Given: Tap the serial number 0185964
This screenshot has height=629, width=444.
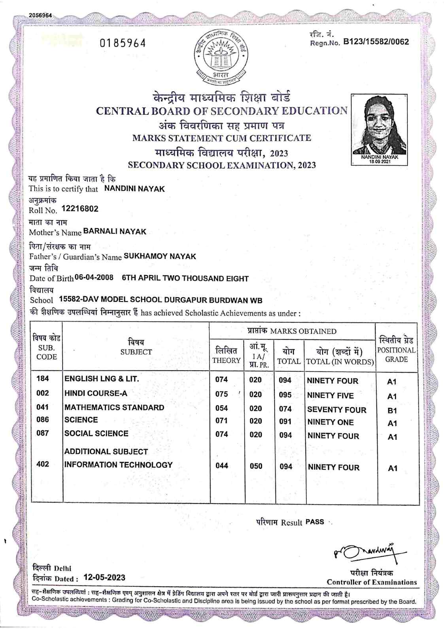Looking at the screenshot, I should (x=123, y=43).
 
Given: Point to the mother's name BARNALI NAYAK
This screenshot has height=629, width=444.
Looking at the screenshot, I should (x=115, y=231).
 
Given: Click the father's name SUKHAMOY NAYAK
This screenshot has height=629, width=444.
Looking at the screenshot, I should (x=160, y=256).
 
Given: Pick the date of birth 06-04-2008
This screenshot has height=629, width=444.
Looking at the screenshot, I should (x=94, y=278).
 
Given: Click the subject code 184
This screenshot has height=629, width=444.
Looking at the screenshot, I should (x=42, y=379).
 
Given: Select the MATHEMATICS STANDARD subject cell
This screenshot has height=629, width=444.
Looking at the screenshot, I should (x=114, y=407).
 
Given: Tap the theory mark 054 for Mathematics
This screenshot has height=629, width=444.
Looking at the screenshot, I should (x=221, y=409).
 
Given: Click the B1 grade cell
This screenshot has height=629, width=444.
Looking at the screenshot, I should (x=392, y=411).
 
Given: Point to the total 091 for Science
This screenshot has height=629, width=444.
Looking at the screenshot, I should (x=285, y=422).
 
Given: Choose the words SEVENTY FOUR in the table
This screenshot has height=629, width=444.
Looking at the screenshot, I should (x=336, y=410).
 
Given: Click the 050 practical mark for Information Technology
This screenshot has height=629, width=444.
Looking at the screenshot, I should (x=256, y=466).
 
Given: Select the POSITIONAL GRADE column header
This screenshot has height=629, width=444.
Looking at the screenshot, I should (x=396, y=350).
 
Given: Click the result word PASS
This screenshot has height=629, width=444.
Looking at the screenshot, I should (x=315, y=522).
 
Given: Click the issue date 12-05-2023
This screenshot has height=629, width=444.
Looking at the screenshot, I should (x=104, y=577).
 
